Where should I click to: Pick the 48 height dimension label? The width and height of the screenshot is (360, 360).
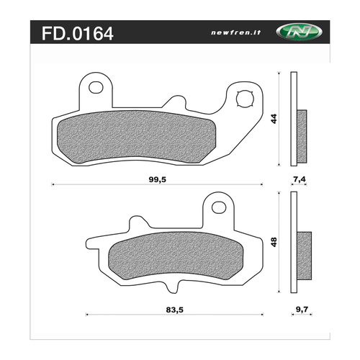tap(273, 243)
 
